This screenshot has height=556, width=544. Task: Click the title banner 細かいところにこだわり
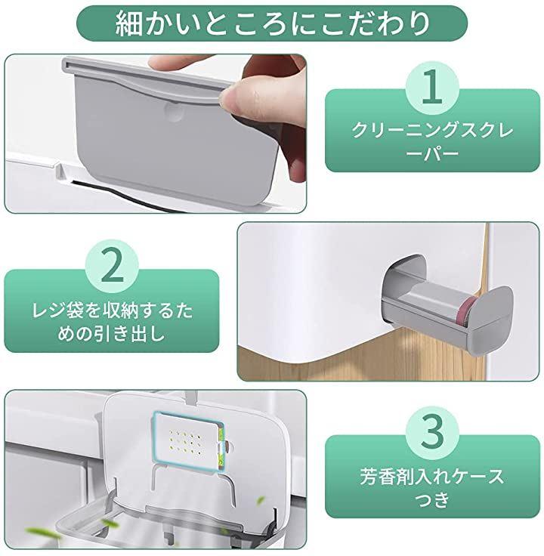(272, 23)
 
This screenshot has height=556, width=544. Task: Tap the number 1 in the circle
(433, 87)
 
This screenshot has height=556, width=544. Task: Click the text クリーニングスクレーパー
(433, 141)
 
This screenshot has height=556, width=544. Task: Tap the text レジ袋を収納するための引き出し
(112, 323)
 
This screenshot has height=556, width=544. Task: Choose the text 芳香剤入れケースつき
(432, 486)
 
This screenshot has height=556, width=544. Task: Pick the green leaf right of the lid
(261, 501)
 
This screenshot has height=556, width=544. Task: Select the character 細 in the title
(128, 23)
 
